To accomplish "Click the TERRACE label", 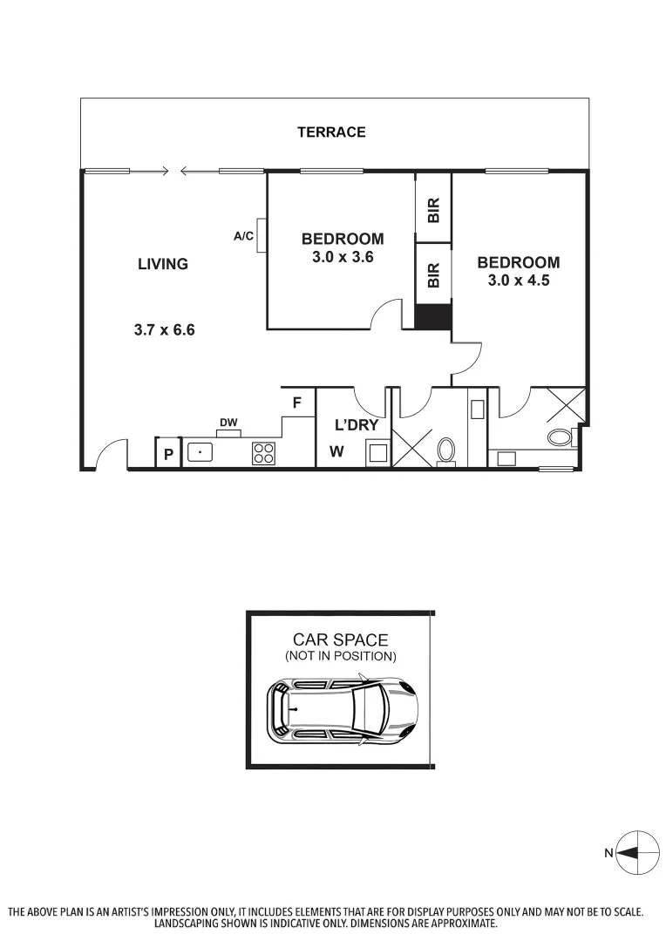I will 331,132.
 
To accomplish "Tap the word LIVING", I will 163,264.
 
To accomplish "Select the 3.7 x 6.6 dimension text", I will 163,330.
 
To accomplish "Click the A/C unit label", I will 243,235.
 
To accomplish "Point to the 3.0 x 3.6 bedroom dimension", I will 343,257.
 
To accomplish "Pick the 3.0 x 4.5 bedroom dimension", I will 518,281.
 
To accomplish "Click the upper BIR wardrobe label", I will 433,209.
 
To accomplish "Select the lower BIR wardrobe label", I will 433,275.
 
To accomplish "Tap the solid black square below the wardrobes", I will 433,316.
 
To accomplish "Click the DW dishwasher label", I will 228,423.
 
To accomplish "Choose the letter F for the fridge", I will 297,403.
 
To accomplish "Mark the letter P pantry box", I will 168,454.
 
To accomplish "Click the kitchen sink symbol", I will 200,453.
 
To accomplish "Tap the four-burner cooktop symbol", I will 263,453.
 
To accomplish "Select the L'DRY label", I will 357,425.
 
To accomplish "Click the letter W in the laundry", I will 336,452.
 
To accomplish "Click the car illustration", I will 342,709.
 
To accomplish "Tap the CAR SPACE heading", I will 340,640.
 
